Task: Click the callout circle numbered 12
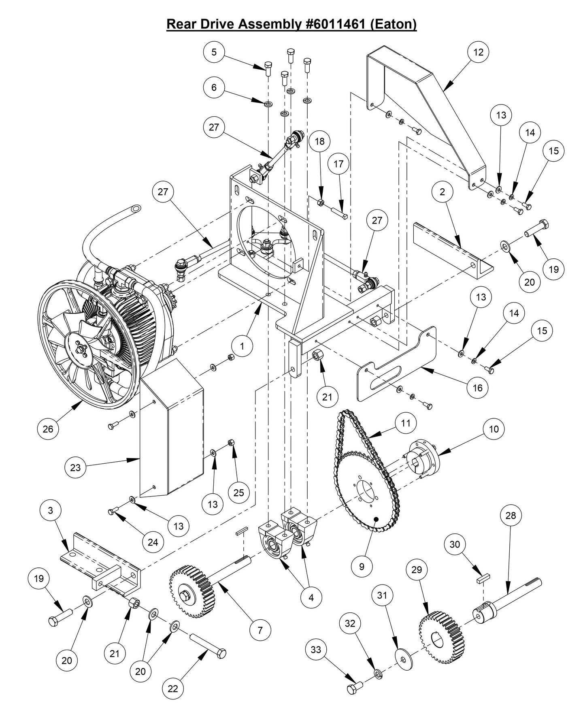coord(478,52)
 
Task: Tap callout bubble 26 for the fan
coord(48,429)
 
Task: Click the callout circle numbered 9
coord(362,566)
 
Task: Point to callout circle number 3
coord(50,510)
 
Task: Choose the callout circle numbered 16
coord(478,388)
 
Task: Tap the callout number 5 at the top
coord(214,52)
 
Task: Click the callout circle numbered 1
coord(242,346)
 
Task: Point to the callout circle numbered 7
coord(260,630)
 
